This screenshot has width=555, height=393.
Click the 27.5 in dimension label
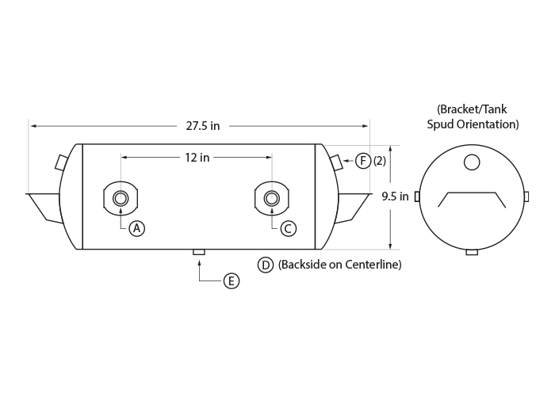coord(203,126)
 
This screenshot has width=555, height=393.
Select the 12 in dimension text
coord(197,158)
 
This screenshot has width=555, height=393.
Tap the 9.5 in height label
coord(395,196)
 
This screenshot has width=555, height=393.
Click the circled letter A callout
coord(137,228)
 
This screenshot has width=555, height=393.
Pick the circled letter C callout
coord(288,228)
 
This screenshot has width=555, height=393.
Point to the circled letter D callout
coord(266,265)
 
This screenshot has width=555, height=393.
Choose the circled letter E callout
coord(232,281)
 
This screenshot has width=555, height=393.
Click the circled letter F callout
coord(363,161)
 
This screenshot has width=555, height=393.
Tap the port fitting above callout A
coord(121,198)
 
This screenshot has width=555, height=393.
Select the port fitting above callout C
coord(271,198)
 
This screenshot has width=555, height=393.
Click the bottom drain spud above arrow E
coord(198,252)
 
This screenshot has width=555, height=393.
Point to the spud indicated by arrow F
coord(336,162)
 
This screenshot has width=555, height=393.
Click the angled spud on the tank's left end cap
coord(61,162)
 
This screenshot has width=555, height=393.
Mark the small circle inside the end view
coord(472,162)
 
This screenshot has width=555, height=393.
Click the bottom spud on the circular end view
coord(472,252)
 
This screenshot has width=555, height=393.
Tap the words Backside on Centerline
coord(340,265)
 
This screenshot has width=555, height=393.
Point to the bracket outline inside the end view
coord(472,193)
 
